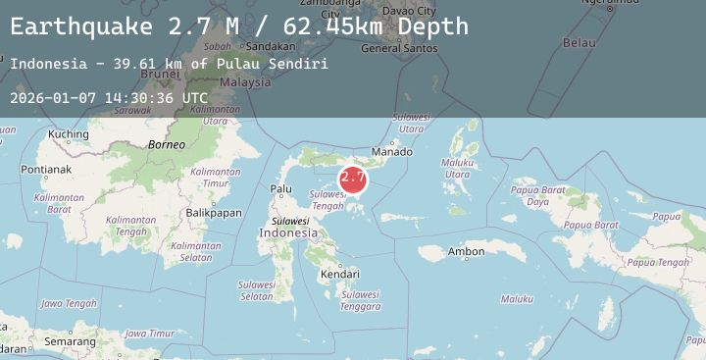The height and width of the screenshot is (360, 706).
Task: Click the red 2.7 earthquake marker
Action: coord(353,179)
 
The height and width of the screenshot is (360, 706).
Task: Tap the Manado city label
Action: coord(392,152)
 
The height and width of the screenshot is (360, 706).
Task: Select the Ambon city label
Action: coord(466,252)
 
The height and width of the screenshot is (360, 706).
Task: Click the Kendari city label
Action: coord(339,275)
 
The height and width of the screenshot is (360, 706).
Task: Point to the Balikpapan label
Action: coord(214,213)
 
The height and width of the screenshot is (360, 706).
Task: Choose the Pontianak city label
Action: coord(45,170)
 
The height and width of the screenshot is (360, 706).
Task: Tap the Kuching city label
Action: coord(69,134)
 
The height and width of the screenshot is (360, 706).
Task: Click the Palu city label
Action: coord(281,189)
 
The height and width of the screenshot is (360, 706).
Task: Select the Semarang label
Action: coord(70,342)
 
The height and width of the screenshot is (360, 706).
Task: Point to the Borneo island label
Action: coord(166,145)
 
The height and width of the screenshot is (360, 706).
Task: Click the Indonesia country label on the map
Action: coord(288,233)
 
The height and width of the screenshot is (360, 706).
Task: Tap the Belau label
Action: coord(580,43)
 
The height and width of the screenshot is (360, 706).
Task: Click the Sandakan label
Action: coord(270,46)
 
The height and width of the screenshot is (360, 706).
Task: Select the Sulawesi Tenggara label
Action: coord(360,300)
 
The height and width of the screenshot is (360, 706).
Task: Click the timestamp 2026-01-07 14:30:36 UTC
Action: coord(109,98)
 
